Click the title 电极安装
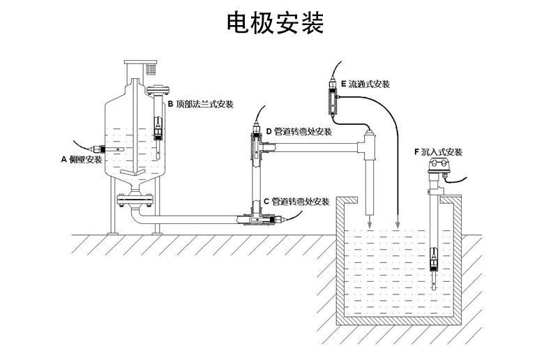[x=275, y=24]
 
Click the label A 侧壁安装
[x=82, y=160]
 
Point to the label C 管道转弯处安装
[x=296, y=202]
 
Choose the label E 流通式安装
[x=365, y=84]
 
